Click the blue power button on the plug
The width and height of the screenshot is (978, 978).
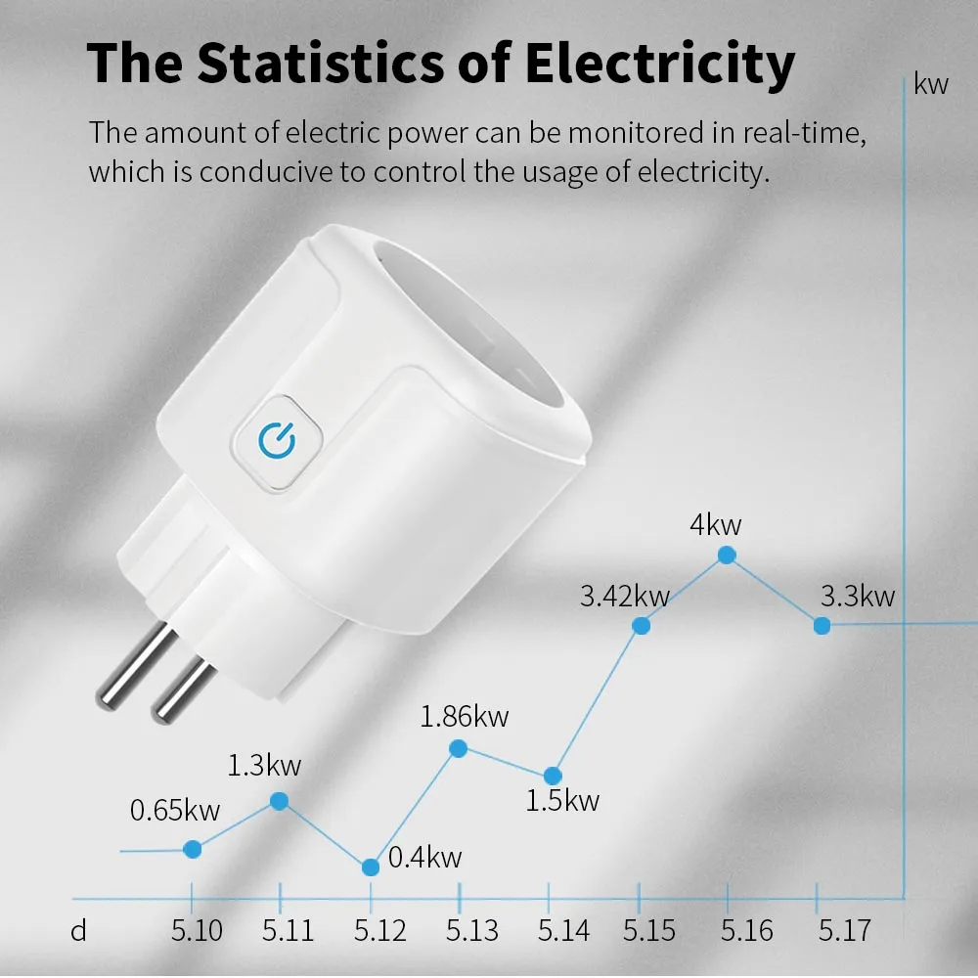[x=277, y=441]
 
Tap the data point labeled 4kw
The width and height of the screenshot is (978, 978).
[x=727, y=555]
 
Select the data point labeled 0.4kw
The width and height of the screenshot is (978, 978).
[x=371, y=867]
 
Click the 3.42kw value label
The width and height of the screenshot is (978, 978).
[x=624, y=595]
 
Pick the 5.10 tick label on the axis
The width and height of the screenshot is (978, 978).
[x=196, y=930]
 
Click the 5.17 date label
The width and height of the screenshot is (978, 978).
[x=844, y=930]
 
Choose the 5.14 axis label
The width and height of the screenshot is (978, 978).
[x=564, y=930]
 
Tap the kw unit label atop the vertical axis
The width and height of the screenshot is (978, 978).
[x=931, y=84]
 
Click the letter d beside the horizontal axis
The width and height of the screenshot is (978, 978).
[x=79, y=930]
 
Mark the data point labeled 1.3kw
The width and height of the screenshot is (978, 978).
[x=279, y=801]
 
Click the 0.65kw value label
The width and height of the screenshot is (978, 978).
[x=175, y=811]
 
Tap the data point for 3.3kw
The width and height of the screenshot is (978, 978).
[x=822, y=625]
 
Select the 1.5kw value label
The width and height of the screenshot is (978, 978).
[x=562, y=802]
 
